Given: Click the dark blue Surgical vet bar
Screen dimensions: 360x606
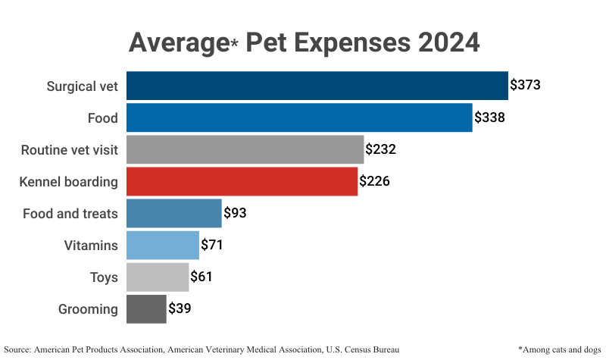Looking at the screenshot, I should [x=317, y=86].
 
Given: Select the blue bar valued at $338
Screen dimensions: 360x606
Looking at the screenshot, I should [x=299, y=117].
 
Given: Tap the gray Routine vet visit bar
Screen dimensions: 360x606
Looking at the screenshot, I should [x=245, y=149].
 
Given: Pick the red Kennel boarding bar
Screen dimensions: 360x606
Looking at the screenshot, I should [x=242, y=181].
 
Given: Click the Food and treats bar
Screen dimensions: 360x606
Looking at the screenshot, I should [x=173, y=213].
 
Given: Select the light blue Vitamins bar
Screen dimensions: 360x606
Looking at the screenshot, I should [x=162, y=245].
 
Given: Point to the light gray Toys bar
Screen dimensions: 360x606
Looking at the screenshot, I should [x=157, y=277].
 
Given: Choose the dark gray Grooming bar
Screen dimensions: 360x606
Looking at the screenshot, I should [x=146, y=308].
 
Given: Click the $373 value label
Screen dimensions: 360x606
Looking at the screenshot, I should [x=525, y=85].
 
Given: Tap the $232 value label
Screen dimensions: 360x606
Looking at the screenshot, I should [x=380, y=149].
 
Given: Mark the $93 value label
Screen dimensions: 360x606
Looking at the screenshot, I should [x=235, y=213].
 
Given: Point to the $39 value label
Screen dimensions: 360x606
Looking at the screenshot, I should [x=180, y=308].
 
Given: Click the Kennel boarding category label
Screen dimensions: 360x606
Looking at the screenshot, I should [x=69, y=181].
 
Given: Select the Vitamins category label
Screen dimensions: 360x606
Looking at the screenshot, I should [x=91, y=245].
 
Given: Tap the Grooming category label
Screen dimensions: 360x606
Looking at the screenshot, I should [x=88, y=308].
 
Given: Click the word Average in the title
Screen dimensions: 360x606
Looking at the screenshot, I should [x=179, y=42].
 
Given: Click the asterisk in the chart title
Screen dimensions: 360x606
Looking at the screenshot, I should [x=236, y=44].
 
